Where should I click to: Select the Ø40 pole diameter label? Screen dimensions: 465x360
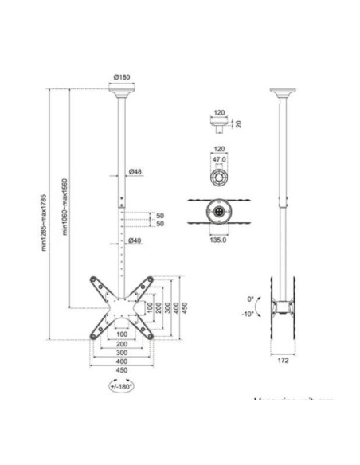(x=135, y=241)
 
